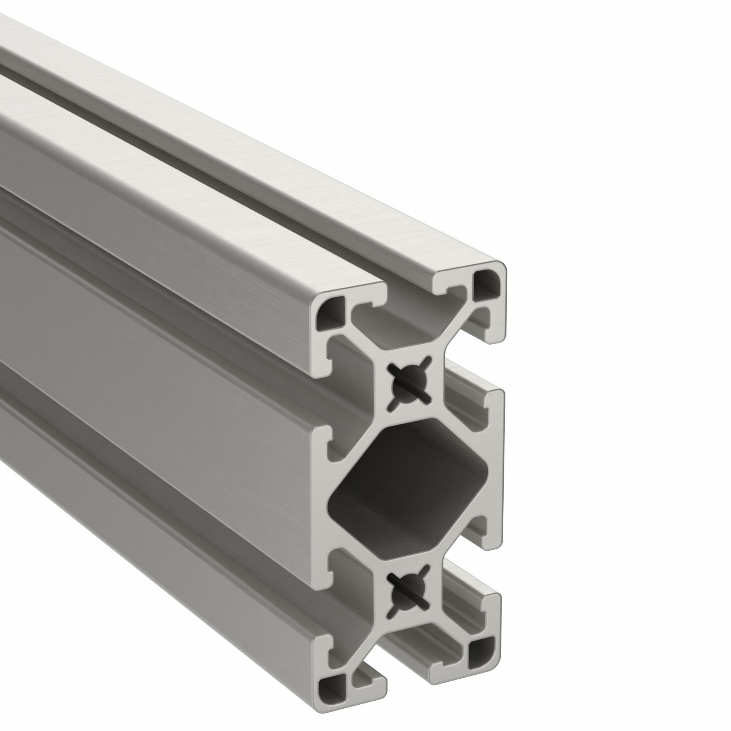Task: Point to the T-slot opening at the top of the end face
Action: pyautogui.click(x=410, y=293)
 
